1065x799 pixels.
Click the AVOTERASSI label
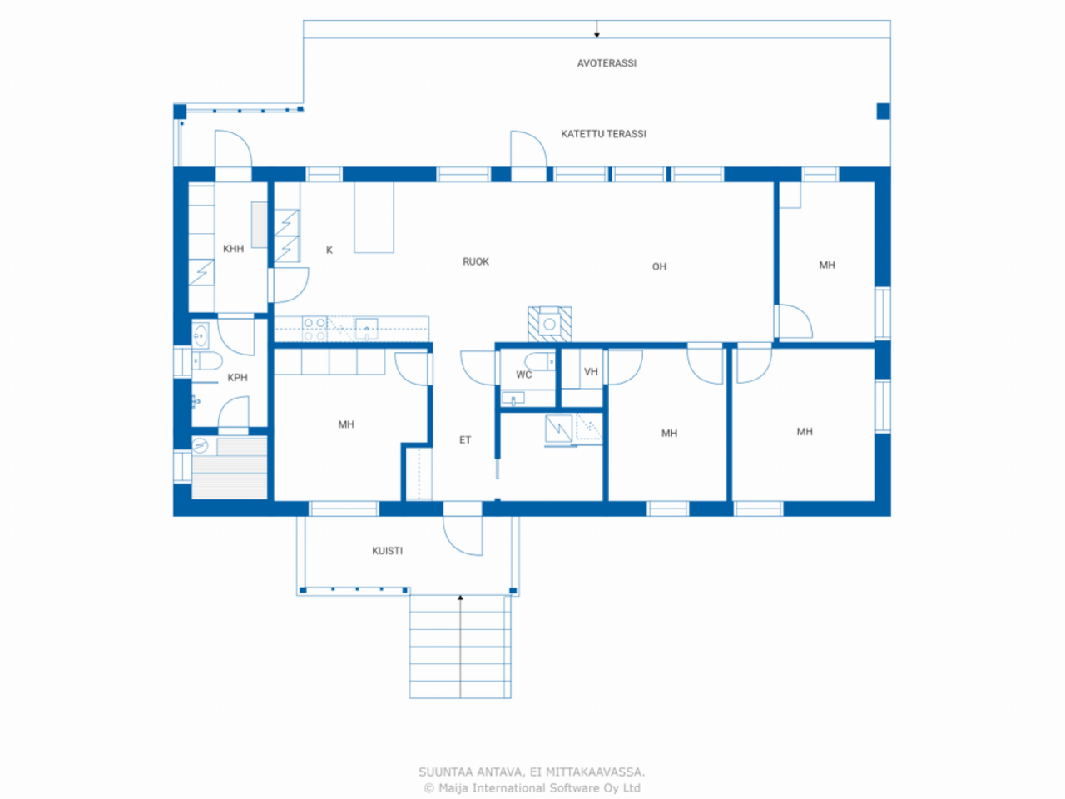click(607, 63)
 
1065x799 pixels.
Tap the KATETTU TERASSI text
click(603, 134)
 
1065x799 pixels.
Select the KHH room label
click(233, 249)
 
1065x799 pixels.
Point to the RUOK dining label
click(476, 262)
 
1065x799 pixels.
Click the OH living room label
click(659, 267)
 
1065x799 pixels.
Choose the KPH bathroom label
click(237, 378)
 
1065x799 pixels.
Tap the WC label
click(523, 375)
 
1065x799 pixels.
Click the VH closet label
click(591, 372)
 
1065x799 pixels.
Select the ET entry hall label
click(465, 440)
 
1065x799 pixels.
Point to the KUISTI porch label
click(387, 551)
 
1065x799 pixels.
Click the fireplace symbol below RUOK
click(549, 324)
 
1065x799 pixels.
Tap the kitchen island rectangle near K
click(374, 217)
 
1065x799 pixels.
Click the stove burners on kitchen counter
click(315, 329)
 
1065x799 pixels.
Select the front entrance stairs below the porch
click(460, 647)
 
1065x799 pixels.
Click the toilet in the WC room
click(539, 362)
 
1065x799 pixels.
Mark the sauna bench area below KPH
click(230, 476)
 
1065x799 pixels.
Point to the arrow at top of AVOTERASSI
click(597, 31)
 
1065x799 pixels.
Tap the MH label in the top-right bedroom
click(826, 266)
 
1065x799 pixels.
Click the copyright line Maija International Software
click(532, 788)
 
